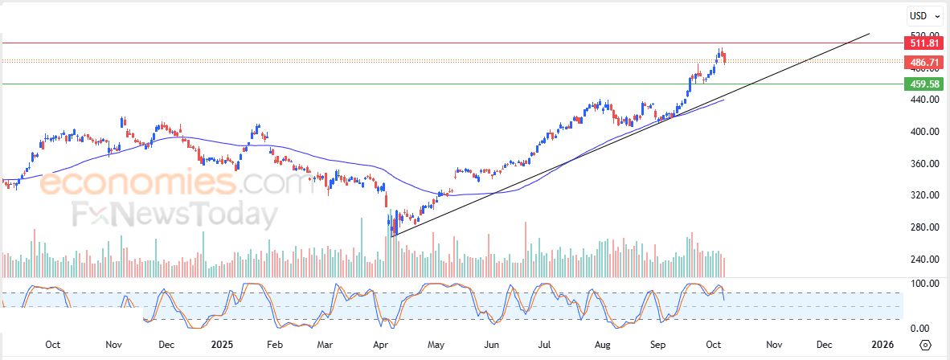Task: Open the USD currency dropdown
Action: (x=920, y=15)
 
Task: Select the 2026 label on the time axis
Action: (x=882, y=344)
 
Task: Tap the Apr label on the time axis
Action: (x=378, y=344)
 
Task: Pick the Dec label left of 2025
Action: (x=166, y=344)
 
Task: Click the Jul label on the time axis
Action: (x=544, y=344)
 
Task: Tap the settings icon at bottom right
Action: (x=925, y=345)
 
